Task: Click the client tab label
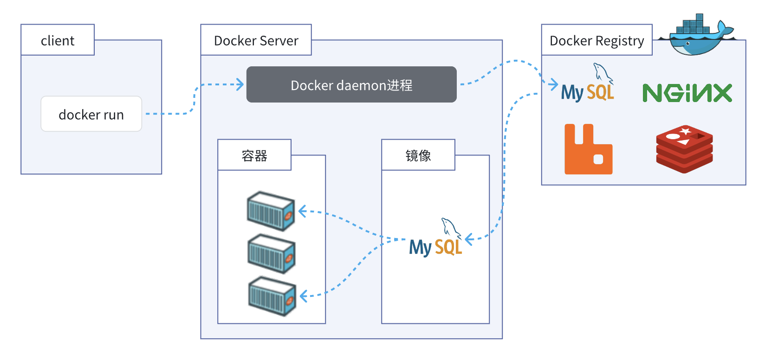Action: (x=58, y=40)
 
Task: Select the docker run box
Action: (x=91, y=114)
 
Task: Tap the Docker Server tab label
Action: (x=256, y=40)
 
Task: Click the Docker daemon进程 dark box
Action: (x=351, y=85)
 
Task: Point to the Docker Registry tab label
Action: (x=596, y=40)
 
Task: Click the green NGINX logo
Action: (x=687, y=93)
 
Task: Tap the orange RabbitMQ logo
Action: (x=588, y=149)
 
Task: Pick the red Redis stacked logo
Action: (x=684, y=149)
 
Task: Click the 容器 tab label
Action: (x=254, y=155)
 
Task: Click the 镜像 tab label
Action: (x=418, y=155)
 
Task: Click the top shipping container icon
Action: (x=271, y=211)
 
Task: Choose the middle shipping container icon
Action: (x=272, y=254)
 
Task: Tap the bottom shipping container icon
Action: (x=272, y=296)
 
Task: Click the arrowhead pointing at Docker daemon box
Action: (x=240, y=84)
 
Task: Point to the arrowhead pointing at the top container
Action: (x=302, y=212)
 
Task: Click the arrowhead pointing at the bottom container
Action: (x=304, y=296)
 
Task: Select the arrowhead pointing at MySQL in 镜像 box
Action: (x=469, y=239)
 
